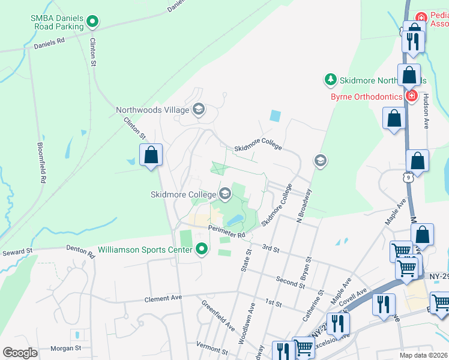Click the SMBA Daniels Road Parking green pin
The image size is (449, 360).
92,23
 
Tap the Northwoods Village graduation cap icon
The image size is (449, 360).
198,109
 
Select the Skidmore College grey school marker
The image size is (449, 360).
225,193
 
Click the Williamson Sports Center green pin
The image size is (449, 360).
201,248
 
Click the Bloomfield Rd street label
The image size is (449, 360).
41,163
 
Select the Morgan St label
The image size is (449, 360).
65,348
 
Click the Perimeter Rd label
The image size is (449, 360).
228,231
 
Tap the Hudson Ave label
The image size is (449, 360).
426,111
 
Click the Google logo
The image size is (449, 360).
20,353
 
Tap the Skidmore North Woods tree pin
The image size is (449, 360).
330,79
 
